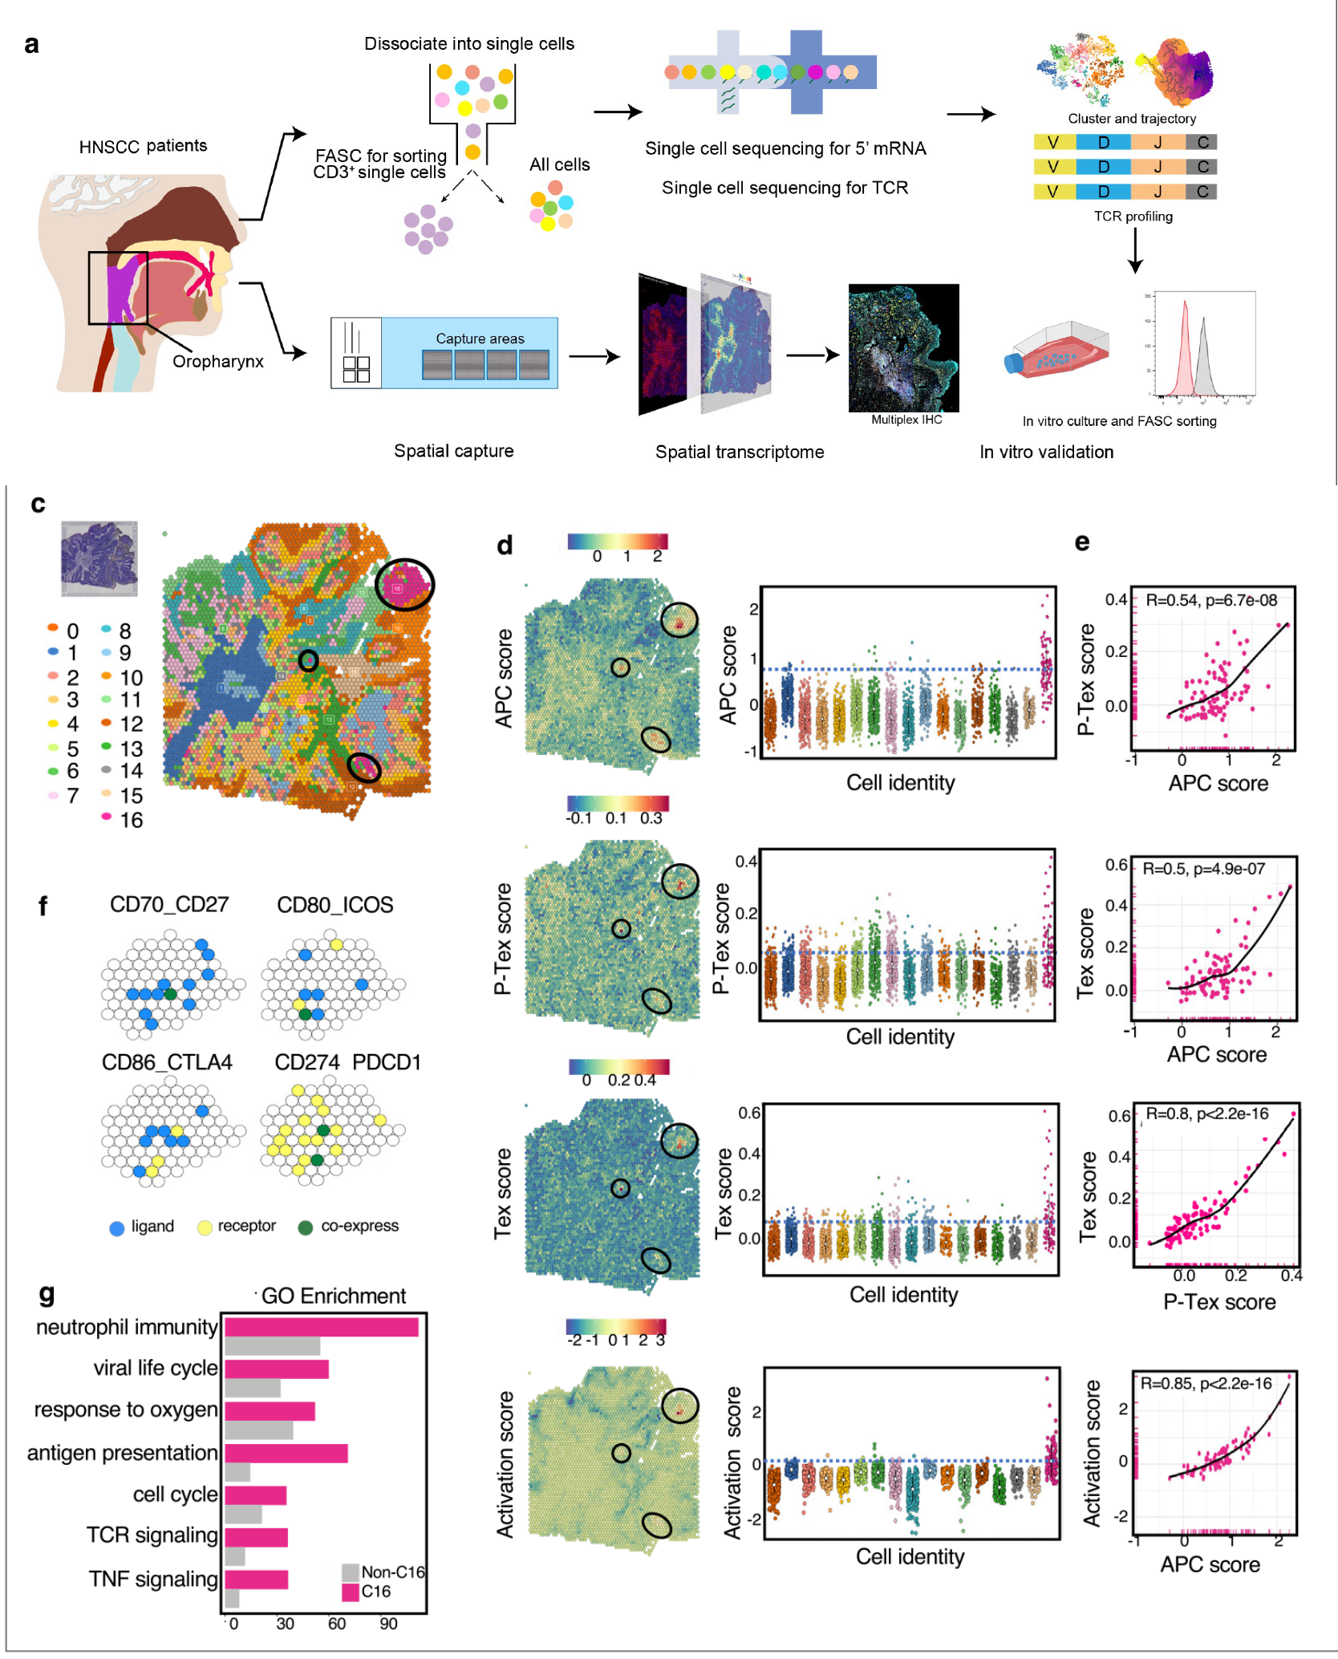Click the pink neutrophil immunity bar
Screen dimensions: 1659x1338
pos(321,1328)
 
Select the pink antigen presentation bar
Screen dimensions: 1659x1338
pos(286,1453)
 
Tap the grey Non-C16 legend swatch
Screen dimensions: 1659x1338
pos(350,1572)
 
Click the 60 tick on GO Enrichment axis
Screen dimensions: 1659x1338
pos(337,1624)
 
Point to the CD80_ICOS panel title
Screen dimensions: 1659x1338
pos(334,905)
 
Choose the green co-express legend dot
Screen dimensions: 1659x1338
pos(306,1227)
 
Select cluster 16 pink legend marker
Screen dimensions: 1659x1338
pos(106,817)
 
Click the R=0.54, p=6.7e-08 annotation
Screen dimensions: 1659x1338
pos(1210,600)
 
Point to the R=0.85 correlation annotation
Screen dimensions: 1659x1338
pos(1206,1383)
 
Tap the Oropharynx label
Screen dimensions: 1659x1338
pos(217,362)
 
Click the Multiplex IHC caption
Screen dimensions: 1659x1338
pos(906,420)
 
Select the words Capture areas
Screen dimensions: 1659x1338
pos(480,339)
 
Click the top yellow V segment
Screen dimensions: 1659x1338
pos(1053,143)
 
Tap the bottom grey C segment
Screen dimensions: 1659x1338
pos(1202,192)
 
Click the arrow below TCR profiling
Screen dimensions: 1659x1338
pos(1134,251)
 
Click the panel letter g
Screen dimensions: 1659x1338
pos(47,1293)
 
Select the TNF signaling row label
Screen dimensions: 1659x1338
pos(152,1579)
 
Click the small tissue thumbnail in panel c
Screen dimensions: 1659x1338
pos(99,558)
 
